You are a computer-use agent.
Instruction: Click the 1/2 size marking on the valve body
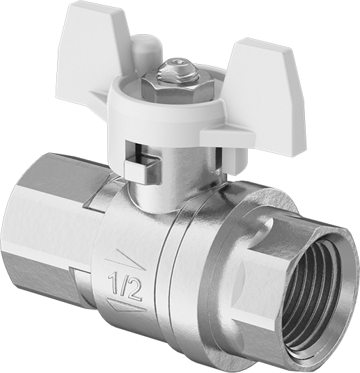click(x=125, y=285)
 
